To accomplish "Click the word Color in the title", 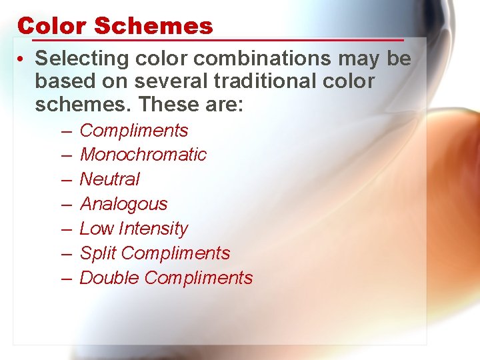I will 53,26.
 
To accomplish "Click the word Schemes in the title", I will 153,26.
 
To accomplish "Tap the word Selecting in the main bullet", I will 81,59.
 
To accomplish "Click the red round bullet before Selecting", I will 23,59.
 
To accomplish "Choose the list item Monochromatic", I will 143,155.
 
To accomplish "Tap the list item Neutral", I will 109,179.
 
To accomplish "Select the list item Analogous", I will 123,204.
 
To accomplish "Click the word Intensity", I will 153,229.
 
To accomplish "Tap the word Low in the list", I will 96,229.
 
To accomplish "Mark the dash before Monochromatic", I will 67,155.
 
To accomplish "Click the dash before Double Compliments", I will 67,278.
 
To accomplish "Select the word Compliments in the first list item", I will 133,131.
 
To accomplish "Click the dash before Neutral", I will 67,179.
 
